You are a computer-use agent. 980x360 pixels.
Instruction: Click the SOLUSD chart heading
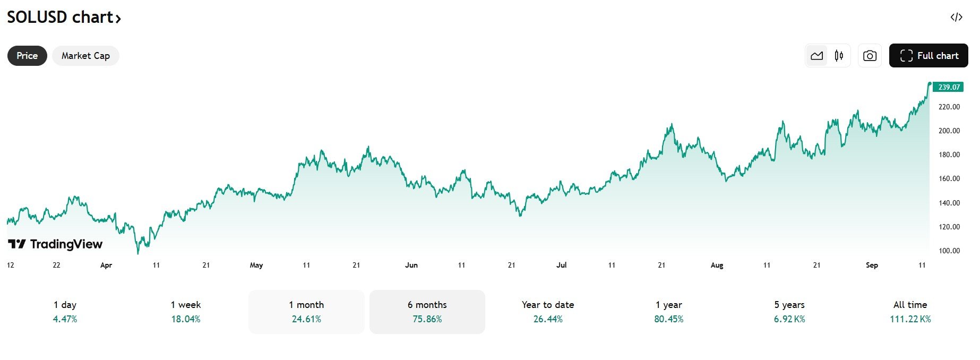[x=64, y=18]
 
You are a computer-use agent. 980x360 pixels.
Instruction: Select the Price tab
[x=27, y=56]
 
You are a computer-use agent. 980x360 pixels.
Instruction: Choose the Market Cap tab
[x=85, y=56]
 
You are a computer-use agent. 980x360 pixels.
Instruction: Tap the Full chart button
[x=929, y=56]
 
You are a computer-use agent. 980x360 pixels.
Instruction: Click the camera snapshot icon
[x=870, y=56]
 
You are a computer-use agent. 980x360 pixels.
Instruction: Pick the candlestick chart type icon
[x=839, y=56]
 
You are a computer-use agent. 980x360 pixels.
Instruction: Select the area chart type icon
[x=817, y=56]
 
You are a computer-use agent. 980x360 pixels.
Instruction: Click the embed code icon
[x=956, y=18]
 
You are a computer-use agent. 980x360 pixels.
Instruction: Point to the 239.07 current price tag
[x=949, y=87]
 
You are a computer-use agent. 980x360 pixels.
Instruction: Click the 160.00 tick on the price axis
[x=949, y=179]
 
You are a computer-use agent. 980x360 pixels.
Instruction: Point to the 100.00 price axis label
[x=949, y=251]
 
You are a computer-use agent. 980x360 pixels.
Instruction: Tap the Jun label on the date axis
[x=411, y=265]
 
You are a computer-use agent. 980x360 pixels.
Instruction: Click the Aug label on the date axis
[x=717, y=265]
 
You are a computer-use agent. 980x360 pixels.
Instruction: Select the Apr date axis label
[x=106, y=265]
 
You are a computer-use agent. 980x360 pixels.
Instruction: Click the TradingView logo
[x=56, y=244]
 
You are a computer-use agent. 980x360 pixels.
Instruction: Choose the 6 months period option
[x=427, y=312]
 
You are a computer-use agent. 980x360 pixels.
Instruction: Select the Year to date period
[x=548, y=312]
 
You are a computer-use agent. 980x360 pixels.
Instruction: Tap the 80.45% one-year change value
[x=669, y=319]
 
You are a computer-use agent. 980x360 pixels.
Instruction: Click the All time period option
[x=910, y=312]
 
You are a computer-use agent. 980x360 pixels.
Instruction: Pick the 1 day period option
[x=65, y=312]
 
